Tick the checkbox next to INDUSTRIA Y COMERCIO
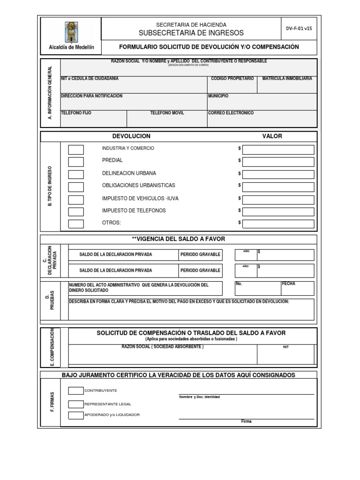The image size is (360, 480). pyautogui.click(x=76, y=150)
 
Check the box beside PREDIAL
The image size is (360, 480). pyautogui.click(x=76, y=162)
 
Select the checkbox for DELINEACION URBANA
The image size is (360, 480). pyautogui.click(x=76, y=174)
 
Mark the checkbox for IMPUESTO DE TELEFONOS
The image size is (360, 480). pyautogui.click(x=76, y=211)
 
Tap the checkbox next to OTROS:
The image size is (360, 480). pyautogui.click(x=76, y=224)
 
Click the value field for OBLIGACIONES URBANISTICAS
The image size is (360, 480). pyautogui.click(x=278, y=187)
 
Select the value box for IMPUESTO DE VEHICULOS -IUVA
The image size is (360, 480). pyautogui.click(x=278, y=199)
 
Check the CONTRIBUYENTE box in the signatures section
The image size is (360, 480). pyautogui.click(x=76, y=390)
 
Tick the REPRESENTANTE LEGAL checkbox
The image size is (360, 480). pyautogui.click(x=76, y=404)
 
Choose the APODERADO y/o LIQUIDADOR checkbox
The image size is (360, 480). pyautogui.click(x=76, y=415)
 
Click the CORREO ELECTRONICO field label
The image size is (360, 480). pyautogui.click(x=231, y=113)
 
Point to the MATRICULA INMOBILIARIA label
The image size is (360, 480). pyautogui.click(x=287, y=78)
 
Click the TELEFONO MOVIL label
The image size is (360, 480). pyautogui.click(x=167, y=113)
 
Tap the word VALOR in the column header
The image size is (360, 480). pyautogui.click(x=272, y=136)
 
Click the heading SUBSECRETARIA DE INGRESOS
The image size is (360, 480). pyautogui.click(x=191, y=33)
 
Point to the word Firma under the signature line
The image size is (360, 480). pyautogui.click(x=246, y=421)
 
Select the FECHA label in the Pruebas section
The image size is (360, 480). pyautogui.click(x=288, y=284)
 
